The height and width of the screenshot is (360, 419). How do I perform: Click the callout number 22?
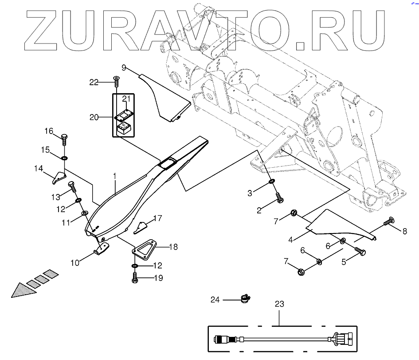(94, 82)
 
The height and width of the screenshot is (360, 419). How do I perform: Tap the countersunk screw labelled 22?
(116, 82)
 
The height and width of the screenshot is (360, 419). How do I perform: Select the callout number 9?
(124, 67)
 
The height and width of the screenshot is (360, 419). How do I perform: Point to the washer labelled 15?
(64, 158)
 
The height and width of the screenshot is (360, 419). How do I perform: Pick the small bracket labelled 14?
(58, 178)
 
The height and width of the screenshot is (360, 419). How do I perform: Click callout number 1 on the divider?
(114, 176)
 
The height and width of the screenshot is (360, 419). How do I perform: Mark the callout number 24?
(215, 300)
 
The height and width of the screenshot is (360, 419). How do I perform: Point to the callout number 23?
(279, 305)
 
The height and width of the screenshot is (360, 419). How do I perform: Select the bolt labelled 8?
(388, 221)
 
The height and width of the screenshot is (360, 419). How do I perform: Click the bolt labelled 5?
(360, 252)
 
